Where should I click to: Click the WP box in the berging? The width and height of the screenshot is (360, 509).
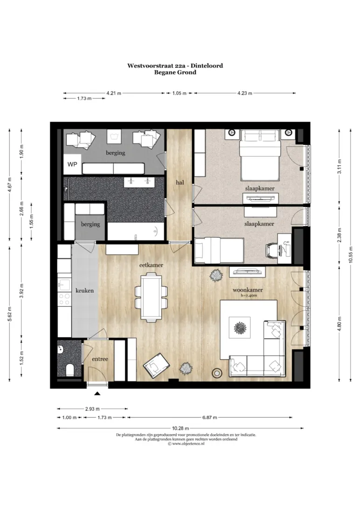pyautogui.click(x=72, y=164)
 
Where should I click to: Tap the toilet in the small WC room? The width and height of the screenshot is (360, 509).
pyautogui.click(x=69, y=370)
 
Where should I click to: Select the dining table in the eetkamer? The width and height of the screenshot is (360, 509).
pyautogui.click(x=151, y=297)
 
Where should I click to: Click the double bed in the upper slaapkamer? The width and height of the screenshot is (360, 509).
pyautogui.click(x=260, y=155)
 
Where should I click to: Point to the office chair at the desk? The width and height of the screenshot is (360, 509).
pyautogui.click(x=272, y=250)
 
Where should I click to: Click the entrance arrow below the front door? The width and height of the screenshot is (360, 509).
pyautogui.click(x=97, y=394)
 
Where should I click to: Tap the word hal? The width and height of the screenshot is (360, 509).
pyautogui.click(x=180, y=182)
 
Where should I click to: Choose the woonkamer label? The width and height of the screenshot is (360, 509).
pyautogui.click(x=248, y=290)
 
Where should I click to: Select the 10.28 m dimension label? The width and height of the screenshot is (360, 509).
pyautogui.click(x=180, y=428)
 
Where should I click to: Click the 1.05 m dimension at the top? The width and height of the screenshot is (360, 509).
pyautogui.click(x=179, y=93)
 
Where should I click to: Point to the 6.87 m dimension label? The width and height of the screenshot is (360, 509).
pyautogui.click(x=210, y=418)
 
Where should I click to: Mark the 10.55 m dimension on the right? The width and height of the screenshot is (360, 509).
pyautogui.click(x=351, y=255)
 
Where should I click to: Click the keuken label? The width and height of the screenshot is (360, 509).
pyautogui.click(x=84, y=290)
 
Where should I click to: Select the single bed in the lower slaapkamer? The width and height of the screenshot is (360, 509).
pyautogui.click(x=219, y=250)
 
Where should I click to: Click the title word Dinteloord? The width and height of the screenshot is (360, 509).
pyautogui.click(x=207, y=66)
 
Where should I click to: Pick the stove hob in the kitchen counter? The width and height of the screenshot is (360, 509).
pyautogui.click(x=64, y=299)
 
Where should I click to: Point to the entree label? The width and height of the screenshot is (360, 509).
pyautogui.click(x=100, y=359)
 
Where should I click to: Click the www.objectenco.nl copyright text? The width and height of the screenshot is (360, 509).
pyautogui.click(x=186, y=444)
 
